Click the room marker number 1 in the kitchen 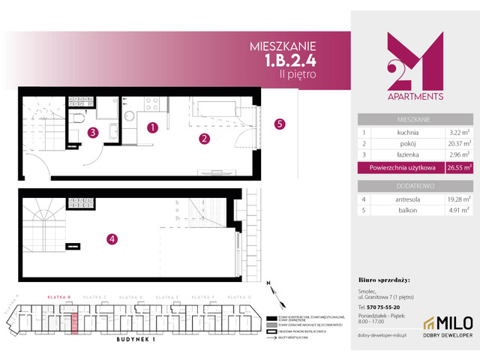pos(152,127)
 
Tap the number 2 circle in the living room pos(203,138)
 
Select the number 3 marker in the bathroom pos(92,133)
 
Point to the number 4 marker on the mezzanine pos(112,239)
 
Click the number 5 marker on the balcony pos(279,124)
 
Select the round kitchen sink pos(128,115)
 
